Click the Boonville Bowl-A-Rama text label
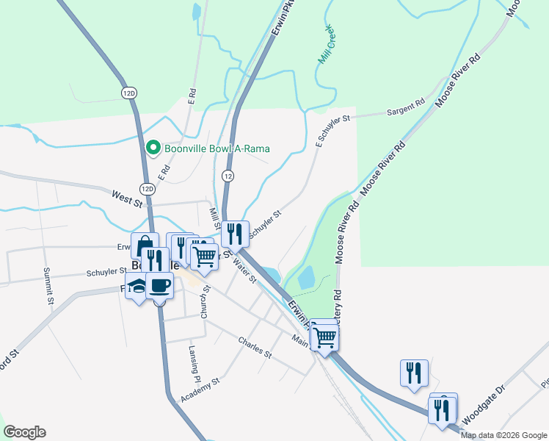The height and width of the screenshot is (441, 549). pos(209,148)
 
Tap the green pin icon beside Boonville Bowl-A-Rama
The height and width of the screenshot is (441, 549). pos(153,148)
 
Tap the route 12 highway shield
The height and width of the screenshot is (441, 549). pos(229,176)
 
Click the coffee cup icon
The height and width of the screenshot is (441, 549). pos(159,285)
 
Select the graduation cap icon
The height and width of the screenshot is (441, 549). pos(136,288)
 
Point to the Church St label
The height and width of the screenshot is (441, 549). pos(206,302)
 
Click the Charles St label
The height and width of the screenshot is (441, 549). pos(255,346)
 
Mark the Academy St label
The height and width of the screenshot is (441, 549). pos(200,392)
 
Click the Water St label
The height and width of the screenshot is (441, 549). pos(243,270)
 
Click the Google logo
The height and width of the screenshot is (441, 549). pos(24,432)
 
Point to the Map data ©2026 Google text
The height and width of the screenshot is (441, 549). pos(503,435)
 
